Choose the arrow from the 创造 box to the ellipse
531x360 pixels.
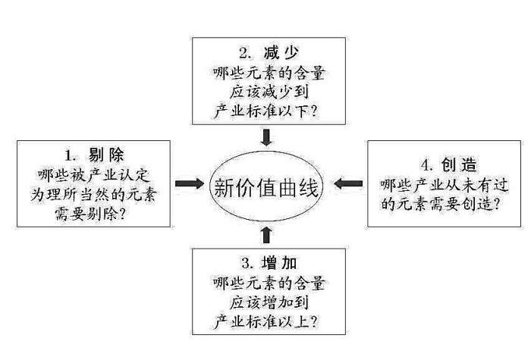click(x=349, y=183)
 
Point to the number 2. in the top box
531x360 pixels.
click(x=244, y=54)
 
